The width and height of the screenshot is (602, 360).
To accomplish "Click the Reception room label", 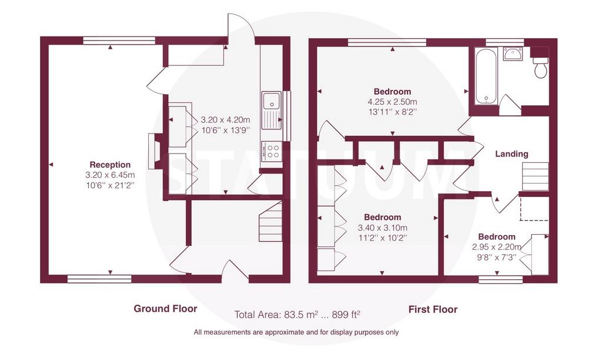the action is [110, 165].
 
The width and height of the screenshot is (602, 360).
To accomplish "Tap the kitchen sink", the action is [272, 111].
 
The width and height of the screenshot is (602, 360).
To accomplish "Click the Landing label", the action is [511, 154].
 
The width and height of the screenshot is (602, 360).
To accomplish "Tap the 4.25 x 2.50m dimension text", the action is [392, 102].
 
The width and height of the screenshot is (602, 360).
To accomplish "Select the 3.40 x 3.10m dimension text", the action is [382, 228].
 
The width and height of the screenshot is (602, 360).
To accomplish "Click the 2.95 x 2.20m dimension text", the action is [497, 247].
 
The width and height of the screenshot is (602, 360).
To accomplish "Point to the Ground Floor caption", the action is [165, 308].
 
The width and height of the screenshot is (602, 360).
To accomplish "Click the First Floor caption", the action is [433, 309].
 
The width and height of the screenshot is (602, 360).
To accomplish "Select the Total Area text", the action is [297, 315].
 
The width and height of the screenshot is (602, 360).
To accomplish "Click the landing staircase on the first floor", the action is [535, 176].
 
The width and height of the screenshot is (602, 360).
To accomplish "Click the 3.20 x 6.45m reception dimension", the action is [110, 175].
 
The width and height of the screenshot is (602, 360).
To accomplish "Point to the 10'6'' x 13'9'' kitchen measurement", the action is [226, 130].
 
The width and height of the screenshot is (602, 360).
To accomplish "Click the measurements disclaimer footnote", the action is [296, 332].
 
